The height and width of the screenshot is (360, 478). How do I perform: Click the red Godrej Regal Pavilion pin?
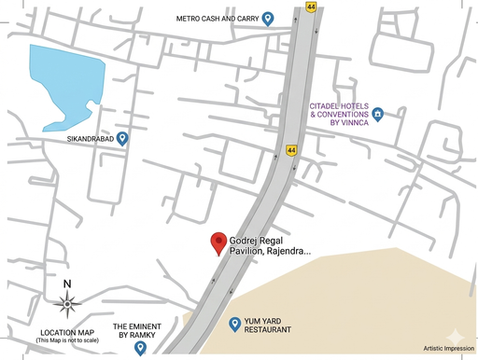tap(218, 242)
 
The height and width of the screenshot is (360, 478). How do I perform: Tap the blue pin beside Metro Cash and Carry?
tap(268, 18)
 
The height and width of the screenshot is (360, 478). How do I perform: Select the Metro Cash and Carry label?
tap(218, 18)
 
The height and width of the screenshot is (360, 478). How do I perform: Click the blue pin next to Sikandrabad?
tap(122, 138)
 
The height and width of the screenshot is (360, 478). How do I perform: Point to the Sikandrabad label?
tap(90, 139)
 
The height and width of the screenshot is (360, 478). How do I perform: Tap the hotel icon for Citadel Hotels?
tap(378, 115)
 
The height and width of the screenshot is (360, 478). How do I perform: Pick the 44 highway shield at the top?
tap(310, 6)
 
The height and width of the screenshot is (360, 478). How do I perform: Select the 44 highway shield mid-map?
tap(291, 149)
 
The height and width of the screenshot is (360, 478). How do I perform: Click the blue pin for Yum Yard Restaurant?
tap(235, 324)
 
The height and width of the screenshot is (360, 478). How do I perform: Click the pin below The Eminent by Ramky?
tap(140, 348)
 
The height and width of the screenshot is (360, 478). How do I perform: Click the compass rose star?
tap(66, 302)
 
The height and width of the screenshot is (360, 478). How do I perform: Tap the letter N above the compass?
tap(66, 284)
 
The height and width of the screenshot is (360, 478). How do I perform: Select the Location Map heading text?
tap(66, 333)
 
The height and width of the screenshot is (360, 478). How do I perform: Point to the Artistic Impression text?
tap(448, 349)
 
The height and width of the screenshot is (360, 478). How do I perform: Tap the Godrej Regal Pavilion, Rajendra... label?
tap(270, 244)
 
